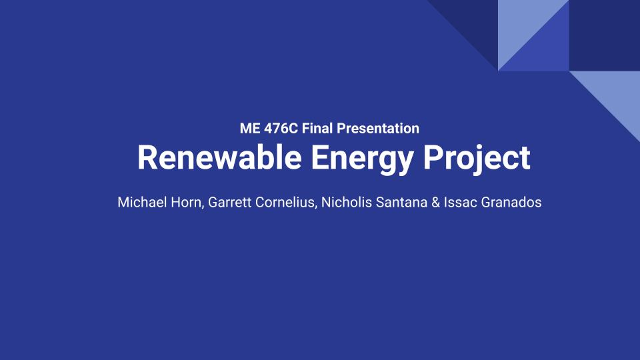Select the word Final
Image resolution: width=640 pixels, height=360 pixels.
tap(317, 129)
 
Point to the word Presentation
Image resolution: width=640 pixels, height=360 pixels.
tap(378, 129)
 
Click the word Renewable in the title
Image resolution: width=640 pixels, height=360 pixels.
tap(219, 157)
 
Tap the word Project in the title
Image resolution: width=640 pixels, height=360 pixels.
tap(477, 159)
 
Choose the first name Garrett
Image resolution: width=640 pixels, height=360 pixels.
tap(229, 203)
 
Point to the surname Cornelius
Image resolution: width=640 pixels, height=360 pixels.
tap(286, 203)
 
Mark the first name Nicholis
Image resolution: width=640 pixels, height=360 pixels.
tap(347, 203)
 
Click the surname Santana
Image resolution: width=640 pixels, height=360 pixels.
tap(401, 203)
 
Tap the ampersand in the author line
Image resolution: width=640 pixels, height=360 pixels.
tap(435, 203)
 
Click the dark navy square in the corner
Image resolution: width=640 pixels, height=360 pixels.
tap(605, 35)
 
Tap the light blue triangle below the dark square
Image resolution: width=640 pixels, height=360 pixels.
tap(616, 95)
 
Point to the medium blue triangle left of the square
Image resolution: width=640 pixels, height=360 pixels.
tap(545, 47)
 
